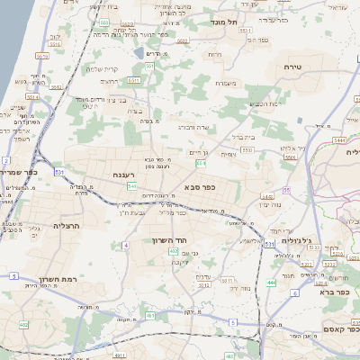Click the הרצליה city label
tap(67, 226)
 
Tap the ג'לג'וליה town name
tap(293, 240)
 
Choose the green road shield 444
tap(272, 283)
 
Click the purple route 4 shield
tap(127, 245)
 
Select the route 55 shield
tap(285, 190)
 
